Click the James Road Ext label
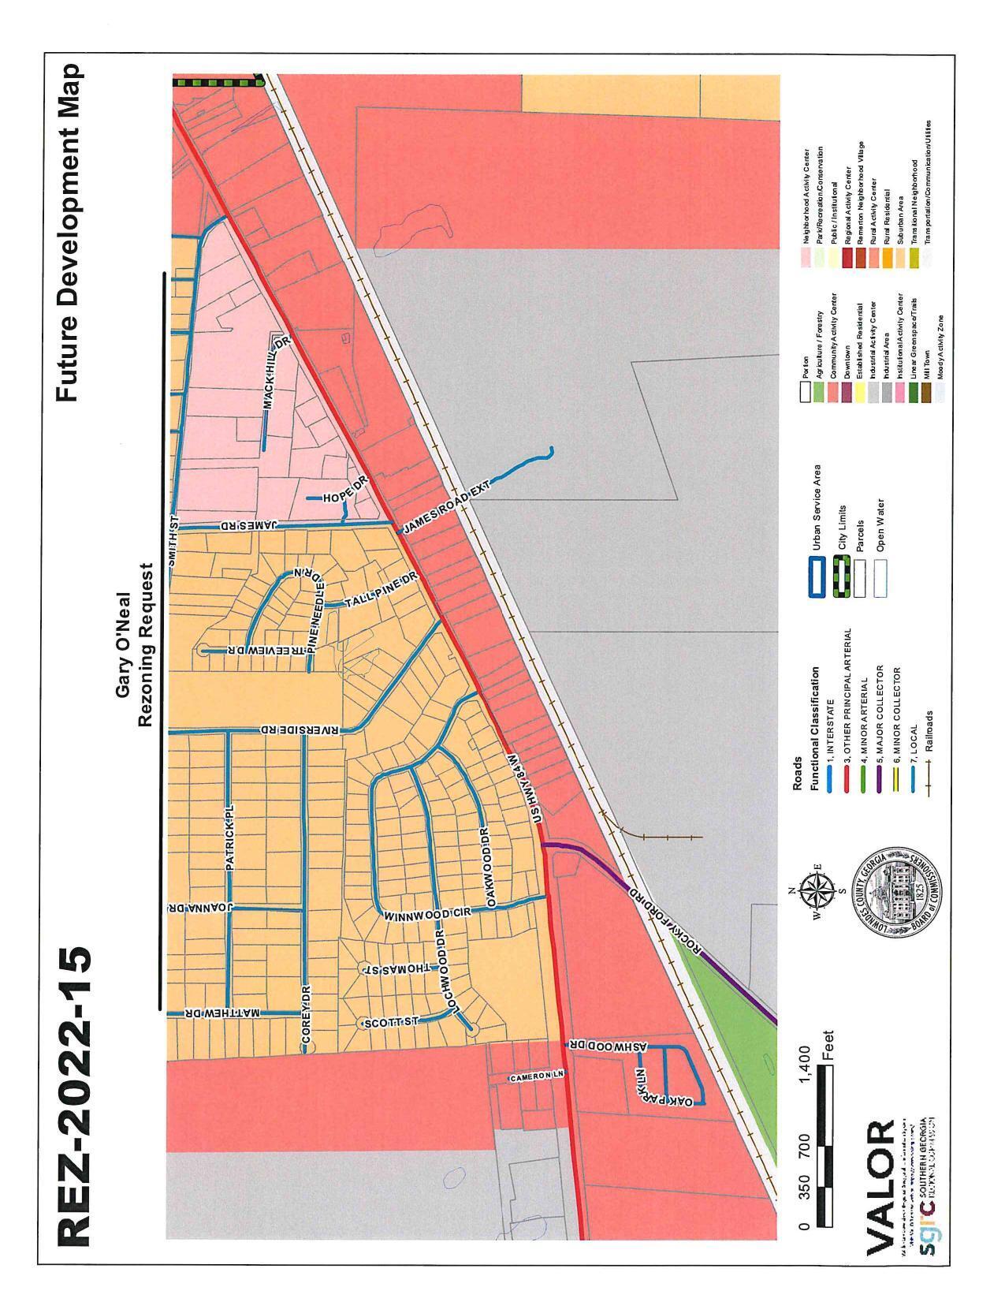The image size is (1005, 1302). [x=446, y=510]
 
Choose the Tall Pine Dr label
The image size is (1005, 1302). [x=381, y=591]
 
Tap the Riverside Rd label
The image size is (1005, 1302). [x=302, y=731]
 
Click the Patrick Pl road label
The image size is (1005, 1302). [x=229, y=838]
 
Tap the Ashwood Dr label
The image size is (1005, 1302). [x=607, y=1046]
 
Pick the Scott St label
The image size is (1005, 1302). [x=390, y=1022]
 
